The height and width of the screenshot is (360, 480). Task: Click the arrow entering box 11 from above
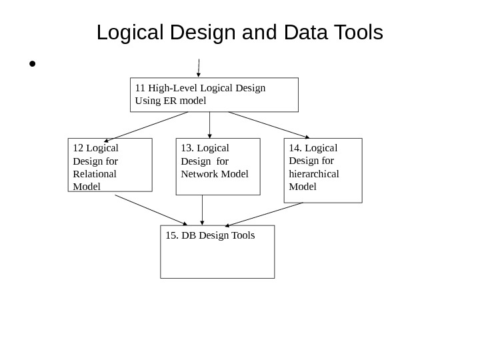tap(199, 67)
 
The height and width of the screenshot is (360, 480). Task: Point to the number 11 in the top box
tap(140, 87)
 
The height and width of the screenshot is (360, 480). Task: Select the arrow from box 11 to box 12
tap(146, 127)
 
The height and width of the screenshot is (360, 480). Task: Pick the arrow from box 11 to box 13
tap(210, 125)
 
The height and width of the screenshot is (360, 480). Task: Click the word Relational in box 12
tap(95, 173)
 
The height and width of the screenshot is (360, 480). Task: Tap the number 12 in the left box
tap(78, 148)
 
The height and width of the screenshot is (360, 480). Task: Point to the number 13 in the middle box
tap(187, 148)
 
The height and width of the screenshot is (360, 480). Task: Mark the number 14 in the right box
tap(295, 148)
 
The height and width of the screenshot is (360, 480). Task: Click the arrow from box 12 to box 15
tap(151, 210)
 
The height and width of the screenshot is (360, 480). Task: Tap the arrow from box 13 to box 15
tap(203, 210)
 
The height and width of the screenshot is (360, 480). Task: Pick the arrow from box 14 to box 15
tap(265, 214)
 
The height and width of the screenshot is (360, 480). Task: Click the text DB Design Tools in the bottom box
tap(210, 235)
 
